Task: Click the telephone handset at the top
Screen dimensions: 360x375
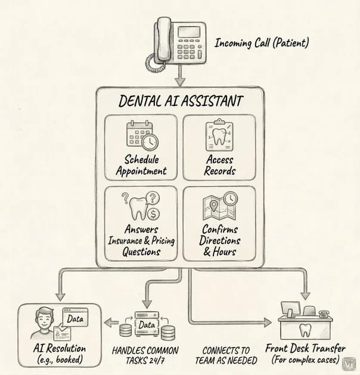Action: pos(164,39)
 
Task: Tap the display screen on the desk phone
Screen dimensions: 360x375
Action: pos(189,32)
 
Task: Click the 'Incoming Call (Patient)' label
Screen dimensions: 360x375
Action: pos(262,43)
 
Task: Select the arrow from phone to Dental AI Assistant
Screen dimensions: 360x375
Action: pos(180,76)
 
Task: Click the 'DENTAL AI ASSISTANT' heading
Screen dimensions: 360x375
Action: pos(181,101)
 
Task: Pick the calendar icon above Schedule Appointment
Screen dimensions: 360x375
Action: pos(142,135)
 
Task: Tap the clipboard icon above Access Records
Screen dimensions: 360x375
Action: pos(219,135)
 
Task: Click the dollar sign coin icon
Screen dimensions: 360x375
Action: pos(153,214)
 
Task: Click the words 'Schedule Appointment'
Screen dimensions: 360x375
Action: pos(141,165)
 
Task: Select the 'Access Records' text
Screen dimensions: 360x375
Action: pos(220,165)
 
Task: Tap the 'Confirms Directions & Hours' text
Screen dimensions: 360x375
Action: pos(220,240)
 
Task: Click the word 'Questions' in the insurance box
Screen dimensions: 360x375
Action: pos(141,252)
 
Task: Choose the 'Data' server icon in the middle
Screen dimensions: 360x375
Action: pos(147,324)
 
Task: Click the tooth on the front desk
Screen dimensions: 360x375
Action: pos(305,330)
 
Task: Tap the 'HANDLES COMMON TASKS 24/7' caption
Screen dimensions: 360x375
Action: pos(145,355)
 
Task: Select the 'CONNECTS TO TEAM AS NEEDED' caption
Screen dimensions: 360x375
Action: pos(226,355)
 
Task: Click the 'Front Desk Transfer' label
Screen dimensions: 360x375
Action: pos(305,348)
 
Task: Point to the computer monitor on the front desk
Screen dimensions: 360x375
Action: pos(290,308)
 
